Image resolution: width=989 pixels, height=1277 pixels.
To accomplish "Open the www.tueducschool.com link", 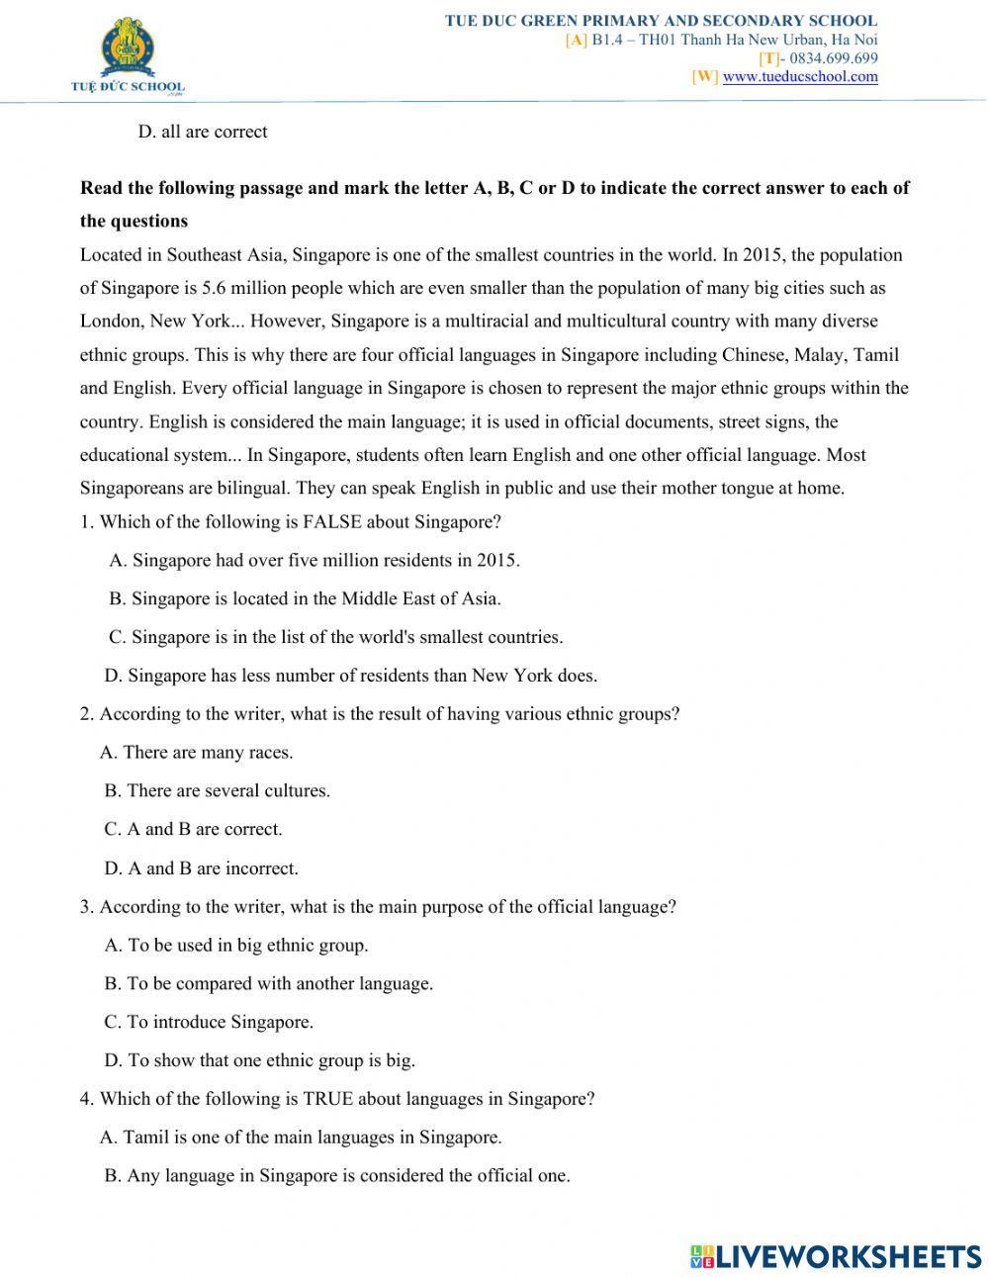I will [800, 76].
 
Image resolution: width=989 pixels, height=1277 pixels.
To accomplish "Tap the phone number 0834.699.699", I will [833, 58].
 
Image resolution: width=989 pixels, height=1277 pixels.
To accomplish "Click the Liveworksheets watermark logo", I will [836, 1256].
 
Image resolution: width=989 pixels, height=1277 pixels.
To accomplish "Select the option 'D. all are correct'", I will [203, 132].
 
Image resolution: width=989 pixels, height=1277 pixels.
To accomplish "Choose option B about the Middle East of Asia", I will [305, 598].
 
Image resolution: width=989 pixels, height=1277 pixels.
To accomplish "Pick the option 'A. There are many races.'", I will [197, 753].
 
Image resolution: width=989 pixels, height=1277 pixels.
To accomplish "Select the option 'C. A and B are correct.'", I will [193, 829].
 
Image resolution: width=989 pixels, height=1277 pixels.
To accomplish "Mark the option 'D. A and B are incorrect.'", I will [201, 868].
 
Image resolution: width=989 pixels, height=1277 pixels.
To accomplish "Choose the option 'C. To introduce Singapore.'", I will [209, 1022].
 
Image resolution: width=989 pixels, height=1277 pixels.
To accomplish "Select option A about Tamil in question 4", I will [301, 1138].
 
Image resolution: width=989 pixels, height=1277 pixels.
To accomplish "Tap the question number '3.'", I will [87, 906].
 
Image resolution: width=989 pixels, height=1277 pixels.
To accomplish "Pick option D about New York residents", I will [350, 677].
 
